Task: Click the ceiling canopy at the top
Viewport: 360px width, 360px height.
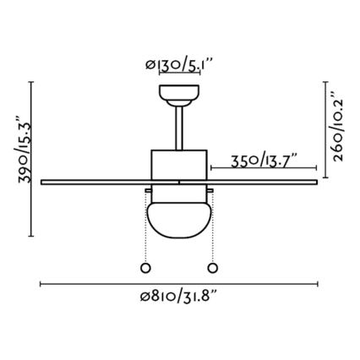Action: (x=179, y=93)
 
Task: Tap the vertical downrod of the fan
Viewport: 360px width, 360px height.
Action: (x=179, y=127)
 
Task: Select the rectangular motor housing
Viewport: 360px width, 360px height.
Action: (x=179, y=164)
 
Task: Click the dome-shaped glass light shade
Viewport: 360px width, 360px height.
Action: (x=179, y=217)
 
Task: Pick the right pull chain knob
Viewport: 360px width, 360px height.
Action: (x=211, y=268)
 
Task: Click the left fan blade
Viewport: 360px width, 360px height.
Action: (x=93, y=179)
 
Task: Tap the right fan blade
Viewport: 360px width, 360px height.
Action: (x=262, y=179)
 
